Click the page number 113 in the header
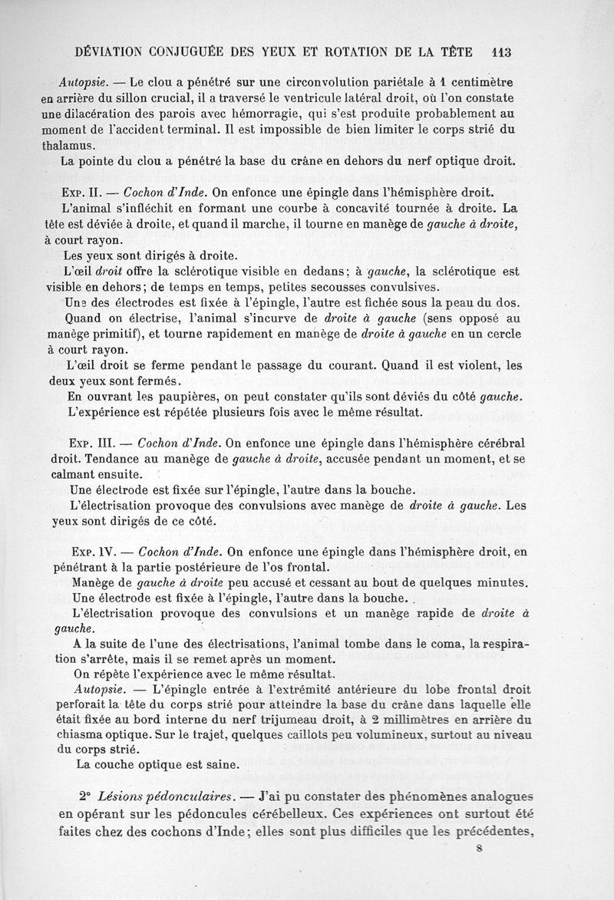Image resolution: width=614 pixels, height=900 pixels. click(x=500, y=52)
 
